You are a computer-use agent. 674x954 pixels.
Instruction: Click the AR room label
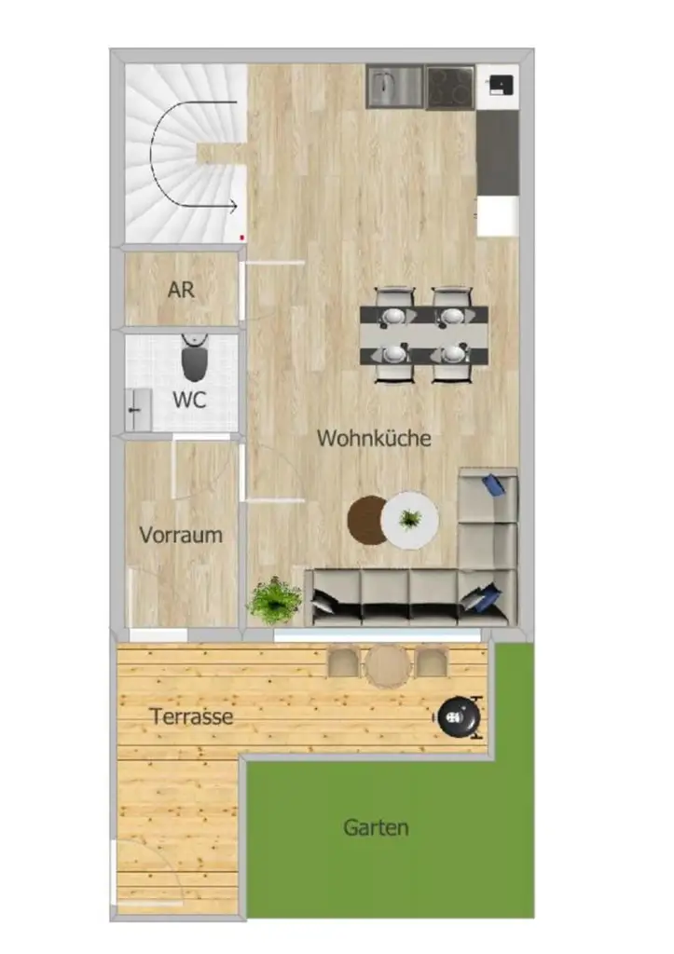tap(181, 290)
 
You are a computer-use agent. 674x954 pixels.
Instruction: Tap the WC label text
tap(189, 401)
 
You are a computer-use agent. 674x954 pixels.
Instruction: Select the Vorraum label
tap(181, 535)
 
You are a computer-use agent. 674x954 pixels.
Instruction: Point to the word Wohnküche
tap(374, 438)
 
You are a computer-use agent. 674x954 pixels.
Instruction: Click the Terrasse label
tap(191, 717)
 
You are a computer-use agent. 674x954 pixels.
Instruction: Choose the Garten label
tap(376, 826)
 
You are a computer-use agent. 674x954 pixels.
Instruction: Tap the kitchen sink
tap(395, 88)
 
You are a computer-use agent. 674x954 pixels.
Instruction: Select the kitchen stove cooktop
tap(451, 88)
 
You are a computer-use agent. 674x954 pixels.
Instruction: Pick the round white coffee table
tap(409, 519)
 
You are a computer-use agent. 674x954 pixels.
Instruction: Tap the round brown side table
tap(366, 519)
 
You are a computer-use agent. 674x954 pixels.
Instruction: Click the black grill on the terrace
tap(459, 716)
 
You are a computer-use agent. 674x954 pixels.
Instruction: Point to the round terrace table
tap(388, 665)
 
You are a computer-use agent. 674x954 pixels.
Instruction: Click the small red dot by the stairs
tap(242, 238)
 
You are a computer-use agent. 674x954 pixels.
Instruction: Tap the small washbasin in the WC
tap(138, 409)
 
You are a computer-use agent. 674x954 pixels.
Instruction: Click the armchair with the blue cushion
tap(488, 495)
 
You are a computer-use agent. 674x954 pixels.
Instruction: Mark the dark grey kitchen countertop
tap(497, 153)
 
